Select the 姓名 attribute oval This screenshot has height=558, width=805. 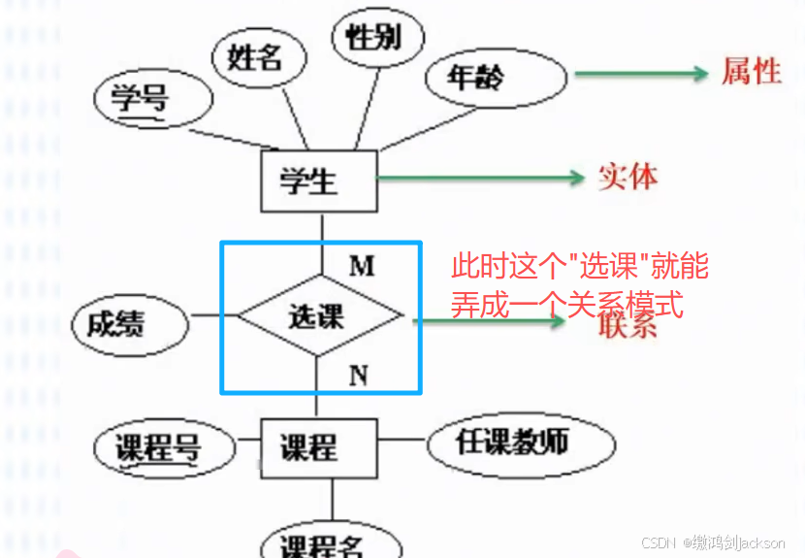(255, 57)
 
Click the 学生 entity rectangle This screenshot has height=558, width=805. (317, 181)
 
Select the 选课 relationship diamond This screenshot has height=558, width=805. (319, 316)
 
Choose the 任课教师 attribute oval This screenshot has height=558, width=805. (519, 443)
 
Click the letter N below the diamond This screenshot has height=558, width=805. (358, 375)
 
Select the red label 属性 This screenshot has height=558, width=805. (752, 71)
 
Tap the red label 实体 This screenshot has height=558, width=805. (628, 177)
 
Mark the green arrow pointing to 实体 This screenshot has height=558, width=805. (480, 178)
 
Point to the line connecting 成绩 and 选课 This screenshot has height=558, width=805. (212, 315)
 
